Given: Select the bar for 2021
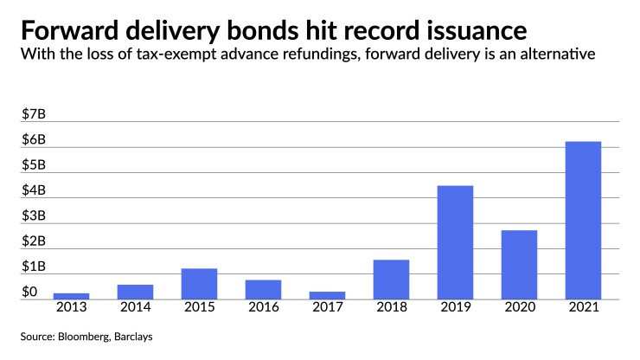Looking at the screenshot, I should [x=583, y=221].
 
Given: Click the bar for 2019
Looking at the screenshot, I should [x=455, y=242].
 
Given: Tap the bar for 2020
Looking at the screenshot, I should [x=519, y=265].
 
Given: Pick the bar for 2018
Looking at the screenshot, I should [x=391, y=280].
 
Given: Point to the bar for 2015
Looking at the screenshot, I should [x=199, y=284].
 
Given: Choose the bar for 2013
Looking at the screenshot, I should [x=71, y=296].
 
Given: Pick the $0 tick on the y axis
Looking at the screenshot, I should [x=30, y=292].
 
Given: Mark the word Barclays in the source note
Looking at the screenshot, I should [x=141, y=335].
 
